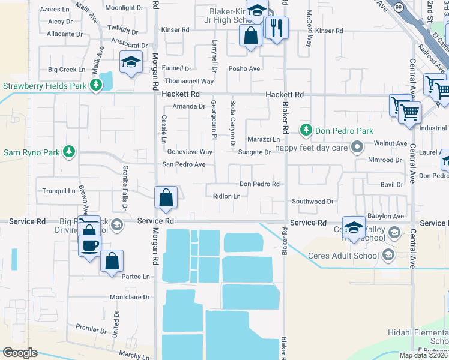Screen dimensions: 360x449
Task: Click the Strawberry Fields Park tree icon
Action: click(96, 86)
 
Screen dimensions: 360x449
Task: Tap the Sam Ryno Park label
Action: click(32, 152)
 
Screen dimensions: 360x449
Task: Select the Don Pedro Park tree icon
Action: click(306, 130)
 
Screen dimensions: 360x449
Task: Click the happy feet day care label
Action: click(311, 148)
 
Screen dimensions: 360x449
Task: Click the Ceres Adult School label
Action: click(343, 256)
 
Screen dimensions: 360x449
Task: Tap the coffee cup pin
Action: click(89, 245)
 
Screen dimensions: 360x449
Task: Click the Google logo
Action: click(19, 353)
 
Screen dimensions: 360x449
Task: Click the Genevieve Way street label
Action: click(190, 152)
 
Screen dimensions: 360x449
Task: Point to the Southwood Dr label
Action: click(312, 202)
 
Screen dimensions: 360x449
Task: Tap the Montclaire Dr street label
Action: click(130, 297)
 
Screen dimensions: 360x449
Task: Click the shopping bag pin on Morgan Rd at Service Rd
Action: click(166, 197)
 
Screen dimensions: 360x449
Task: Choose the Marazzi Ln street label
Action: click(264, 139)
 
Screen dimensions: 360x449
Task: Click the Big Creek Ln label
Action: click(67, 70)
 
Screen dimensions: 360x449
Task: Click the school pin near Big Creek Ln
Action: click(131, 62)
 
